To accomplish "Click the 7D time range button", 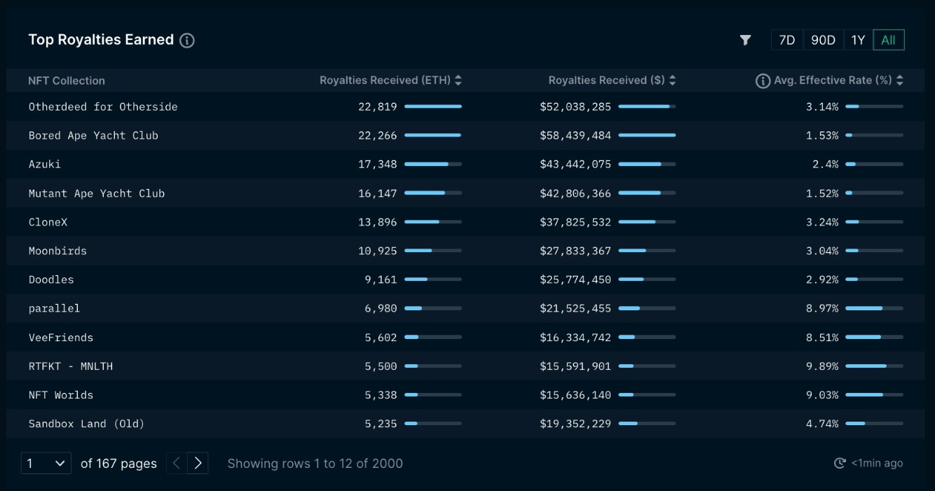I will (786, 40).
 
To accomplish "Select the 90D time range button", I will (823, 40).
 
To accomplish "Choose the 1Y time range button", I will (858, 40).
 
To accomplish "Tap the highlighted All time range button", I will (888, 40).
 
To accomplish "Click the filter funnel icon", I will (745, 40).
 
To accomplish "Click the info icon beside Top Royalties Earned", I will (187, 41).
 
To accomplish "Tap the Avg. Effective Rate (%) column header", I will (832, 81).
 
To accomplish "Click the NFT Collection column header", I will (67, 81).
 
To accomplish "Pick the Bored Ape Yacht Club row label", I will (93, 136).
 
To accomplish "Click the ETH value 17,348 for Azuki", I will (377, 165).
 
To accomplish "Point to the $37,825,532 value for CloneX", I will (575, 222).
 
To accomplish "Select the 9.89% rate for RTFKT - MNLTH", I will (821, 366).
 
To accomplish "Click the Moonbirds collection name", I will (57, 251).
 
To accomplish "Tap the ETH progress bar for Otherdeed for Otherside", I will (432, 106).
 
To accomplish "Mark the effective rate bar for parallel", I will (874, 308).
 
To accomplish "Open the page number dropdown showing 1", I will (46, 463).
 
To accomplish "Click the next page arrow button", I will (198, 463).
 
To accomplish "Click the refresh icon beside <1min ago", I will (840, 463).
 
